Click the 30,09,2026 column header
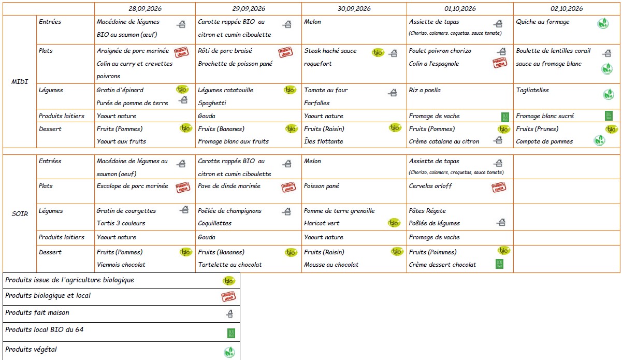[354, 9]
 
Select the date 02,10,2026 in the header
[567, 9]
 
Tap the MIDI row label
[20, 82]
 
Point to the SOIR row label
[20, 213]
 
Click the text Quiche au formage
[543, 22]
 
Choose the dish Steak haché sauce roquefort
[330, 57]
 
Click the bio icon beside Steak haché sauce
[378, 52]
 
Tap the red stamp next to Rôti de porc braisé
[285, 52]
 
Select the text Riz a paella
[425, 90]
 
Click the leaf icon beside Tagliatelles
[608, 94]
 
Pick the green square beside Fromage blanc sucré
[609, 116]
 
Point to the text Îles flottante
[324, 141]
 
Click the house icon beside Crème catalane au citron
[499, 140]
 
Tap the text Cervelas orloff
[430, 186]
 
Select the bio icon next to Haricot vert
[394, 223]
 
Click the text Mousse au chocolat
[331, 265]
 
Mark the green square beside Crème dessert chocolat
[500, 264]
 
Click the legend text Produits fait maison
[37, 313]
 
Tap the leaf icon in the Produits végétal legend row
[229, 352]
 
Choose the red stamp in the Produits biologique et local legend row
[228, 296]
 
